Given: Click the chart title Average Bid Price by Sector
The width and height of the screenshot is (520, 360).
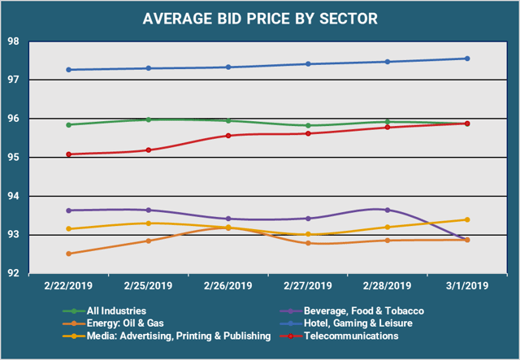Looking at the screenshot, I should click(x=260, y=17).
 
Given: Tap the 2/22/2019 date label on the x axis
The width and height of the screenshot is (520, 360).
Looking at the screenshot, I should click(x=70, y=285).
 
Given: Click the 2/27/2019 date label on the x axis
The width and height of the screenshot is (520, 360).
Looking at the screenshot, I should click(x=308, y=285).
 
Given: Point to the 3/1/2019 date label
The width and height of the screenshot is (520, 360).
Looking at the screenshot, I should click(x=466, y=285).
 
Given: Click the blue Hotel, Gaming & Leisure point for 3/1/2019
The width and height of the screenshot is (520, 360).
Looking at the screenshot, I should click(x=467, y=59).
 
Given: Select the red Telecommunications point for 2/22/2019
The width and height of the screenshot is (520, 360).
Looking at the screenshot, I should click(x=70, y=154).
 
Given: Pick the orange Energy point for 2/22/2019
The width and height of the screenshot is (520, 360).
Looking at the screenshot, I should click(x=70, y=254).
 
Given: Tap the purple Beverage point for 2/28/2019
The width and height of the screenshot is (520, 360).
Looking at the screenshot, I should click(x=388, y=210).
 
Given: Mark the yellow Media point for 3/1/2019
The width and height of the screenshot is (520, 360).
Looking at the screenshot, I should click(x=467, y=219).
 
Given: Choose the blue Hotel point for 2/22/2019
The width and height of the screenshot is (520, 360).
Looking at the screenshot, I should click(x=70, y=70).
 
